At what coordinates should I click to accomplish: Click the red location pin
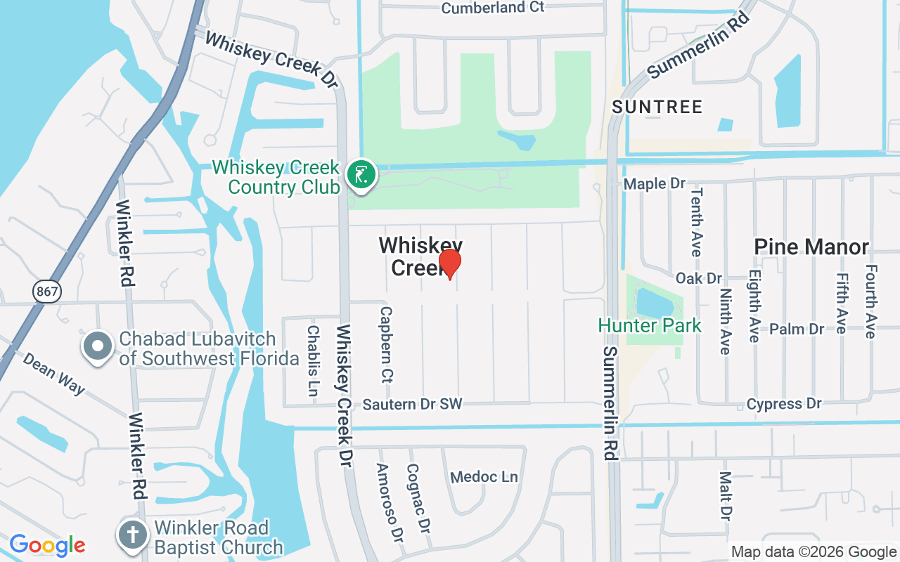click(450, 263)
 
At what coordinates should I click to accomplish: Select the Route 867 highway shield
click(47, 291)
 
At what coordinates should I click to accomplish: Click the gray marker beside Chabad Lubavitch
click(98, 346)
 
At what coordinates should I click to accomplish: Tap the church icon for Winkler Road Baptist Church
click(133, 535)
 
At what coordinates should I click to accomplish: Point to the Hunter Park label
click(650, 325)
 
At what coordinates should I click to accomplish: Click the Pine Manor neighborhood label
click(811, 247)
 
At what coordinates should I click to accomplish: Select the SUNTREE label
click(657, 107)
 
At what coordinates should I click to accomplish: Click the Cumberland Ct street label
click(493, 8)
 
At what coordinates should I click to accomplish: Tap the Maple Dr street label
click(655, 183)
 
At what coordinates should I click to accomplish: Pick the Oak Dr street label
click(698, 278)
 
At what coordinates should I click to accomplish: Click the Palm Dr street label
click(797, 329)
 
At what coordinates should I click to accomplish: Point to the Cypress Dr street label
click(784, 404)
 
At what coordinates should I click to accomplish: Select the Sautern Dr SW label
click(413, 404)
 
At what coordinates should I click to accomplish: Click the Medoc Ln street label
click(484, 477)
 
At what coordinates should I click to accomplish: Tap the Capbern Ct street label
click(385, 344)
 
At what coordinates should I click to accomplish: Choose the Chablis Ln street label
click(314, 359)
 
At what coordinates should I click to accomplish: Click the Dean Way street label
click(54, 373)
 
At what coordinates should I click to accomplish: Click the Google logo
click(47, 544)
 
